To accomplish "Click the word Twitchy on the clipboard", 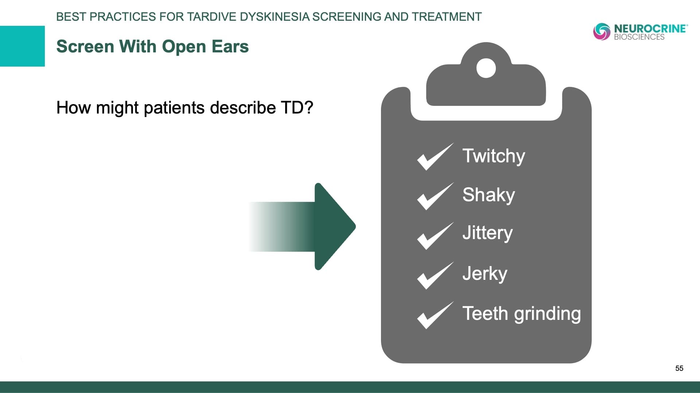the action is pyautogui.click(x=494, y=156).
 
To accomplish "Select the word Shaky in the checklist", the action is pyautogui.click(x=489, y=195).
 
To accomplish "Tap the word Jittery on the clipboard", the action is pyautogui.click(x=487, y=233).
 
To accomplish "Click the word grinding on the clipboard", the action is pyautogui.click(x=547, y=314).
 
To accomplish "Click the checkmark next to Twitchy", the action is pyautogui.click(x=435, y=157).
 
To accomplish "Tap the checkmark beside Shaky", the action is pyautogui.click(x=435, y=196).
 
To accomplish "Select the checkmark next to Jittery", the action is pyautogui.click(x=435, y=236).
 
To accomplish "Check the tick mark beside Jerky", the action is pyautogui.click(x=435, y=276).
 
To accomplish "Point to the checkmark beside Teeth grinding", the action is pyautogui.click(x=435, y=315).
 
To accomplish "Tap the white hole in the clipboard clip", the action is pyautogui.click(x=486, y=68).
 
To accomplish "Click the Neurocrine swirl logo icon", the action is pyautogui.click(x=602, y=32).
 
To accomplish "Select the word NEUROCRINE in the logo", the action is pyautogui.click(x=651, y=28).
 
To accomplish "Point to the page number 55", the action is pyautogui.click(x=679, y=368).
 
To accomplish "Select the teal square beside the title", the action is pyautogui.click(x=22, y=46).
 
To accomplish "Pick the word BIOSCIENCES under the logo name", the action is pyautogui.click(x=639, y=37).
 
